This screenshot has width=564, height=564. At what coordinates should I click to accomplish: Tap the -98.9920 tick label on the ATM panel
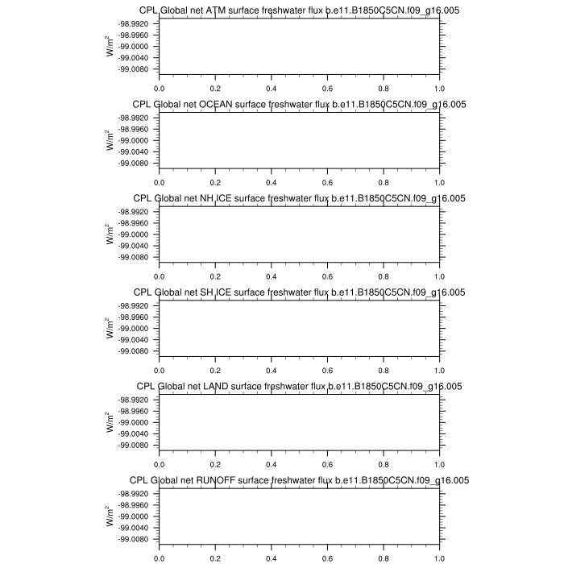tap(135, 23)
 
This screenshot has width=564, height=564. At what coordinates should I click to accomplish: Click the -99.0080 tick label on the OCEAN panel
tap(135, 163)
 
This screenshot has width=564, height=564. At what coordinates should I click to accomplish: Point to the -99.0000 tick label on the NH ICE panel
tap(135, 234)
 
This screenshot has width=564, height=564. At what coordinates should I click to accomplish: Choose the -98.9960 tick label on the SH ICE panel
tap(135, 317)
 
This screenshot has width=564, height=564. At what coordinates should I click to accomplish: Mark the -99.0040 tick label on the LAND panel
tap(135, 433)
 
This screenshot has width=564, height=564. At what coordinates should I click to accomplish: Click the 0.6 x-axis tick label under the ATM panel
tap(327, 89)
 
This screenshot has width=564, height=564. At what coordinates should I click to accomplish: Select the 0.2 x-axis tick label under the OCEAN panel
tap(215, 183)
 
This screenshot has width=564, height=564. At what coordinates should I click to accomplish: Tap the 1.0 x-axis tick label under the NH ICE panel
tap(439, 277)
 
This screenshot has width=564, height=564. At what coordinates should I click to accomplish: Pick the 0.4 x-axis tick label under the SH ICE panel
tap(272, 371)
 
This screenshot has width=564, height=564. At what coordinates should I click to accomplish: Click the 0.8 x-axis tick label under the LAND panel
tap(384, 465)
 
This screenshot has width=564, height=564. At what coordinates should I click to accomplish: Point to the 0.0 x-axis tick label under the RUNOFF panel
tap(160, 558)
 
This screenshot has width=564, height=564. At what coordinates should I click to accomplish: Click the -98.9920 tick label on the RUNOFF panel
tap(135, 493)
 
